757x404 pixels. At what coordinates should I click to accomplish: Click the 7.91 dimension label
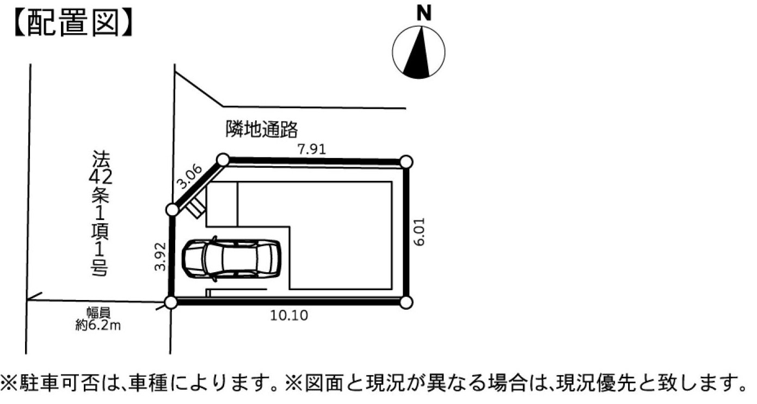coord(312,149)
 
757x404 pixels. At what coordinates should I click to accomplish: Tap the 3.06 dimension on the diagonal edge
coord(189,176)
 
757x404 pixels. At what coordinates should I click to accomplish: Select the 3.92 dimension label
coord(160,256)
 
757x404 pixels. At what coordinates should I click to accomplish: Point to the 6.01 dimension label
coord(419,232)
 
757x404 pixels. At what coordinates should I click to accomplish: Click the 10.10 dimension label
coord(289,315)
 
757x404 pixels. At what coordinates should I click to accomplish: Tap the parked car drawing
coord(231,259)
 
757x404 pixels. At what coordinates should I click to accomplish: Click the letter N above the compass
coord(424,14)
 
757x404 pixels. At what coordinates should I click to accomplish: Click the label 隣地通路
coord(262,130)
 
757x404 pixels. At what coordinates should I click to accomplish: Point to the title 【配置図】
coord(73,23)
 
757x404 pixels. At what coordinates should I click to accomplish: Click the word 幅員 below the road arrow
coord(99,313)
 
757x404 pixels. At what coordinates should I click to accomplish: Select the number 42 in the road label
coord(100,177)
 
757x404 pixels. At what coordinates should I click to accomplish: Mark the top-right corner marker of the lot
coord(406,162)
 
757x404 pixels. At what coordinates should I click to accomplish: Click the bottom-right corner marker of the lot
coord(406,302)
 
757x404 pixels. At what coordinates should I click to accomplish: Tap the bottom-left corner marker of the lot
coord(171,302)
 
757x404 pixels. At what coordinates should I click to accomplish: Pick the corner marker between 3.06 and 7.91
coord(223,160)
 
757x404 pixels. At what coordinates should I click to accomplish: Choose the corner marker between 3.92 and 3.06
coord(173,210)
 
